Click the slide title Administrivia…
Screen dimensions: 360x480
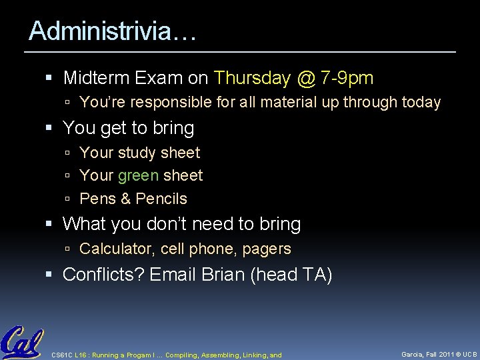tap(113, 31)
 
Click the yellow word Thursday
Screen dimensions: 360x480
tap(252, 79)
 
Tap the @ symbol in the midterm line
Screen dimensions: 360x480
tap(305, 79)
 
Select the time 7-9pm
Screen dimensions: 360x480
tap(347, 79)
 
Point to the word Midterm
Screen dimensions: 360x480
tap(96, 79)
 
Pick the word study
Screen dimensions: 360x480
tap(137, 153)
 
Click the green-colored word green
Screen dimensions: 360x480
tap(138, 176)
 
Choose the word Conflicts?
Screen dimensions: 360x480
tap(103, 275)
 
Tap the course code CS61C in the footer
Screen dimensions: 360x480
tap(62, 355)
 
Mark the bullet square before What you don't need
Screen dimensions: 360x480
tap(54, 225)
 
